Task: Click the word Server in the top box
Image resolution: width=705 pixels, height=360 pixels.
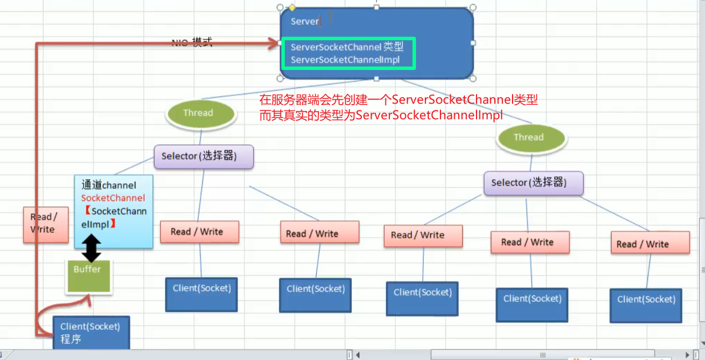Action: click(x=305, y=21)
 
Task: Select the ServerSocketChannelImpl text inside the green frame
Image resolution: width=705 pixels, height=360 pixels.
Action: click(x=345, y=60)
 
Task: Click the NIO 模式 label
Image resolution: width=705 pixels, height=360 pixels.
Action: click(x=192, y=42)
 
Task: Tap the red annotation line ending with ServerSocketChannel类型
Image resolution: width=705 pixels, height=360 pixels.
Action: click(x=398, y=100)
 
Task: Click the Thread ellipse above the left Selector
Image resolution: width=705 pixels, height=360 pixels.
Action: click(x=200, y=113)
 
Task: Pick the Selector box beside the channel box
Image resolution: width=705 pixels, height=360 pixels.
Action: click(x=203, y=156)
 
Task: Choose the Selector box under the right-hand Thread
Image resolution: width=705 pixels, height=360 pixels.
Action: click(x=533, y=183)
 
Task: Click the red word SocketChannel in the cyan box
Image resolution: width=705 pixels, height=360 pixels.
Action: click(x=113, y=198)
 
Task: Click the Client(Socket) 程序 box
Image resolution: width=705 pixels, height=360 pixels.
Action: click(x=90, y=333)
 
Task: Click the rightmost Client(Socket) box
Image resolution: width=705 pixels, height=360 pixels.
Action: click(x=646, y=306)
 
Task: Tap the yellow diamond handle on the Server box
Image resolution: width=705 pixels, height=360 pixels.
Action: click(x=292, y=7)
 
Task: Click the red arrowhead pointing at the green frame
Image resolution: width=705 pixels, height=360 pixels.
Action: click(x=273, y=43)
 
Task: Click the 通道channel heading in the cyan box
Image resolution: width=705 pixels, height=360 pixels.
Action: click(x=109, y=185)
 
